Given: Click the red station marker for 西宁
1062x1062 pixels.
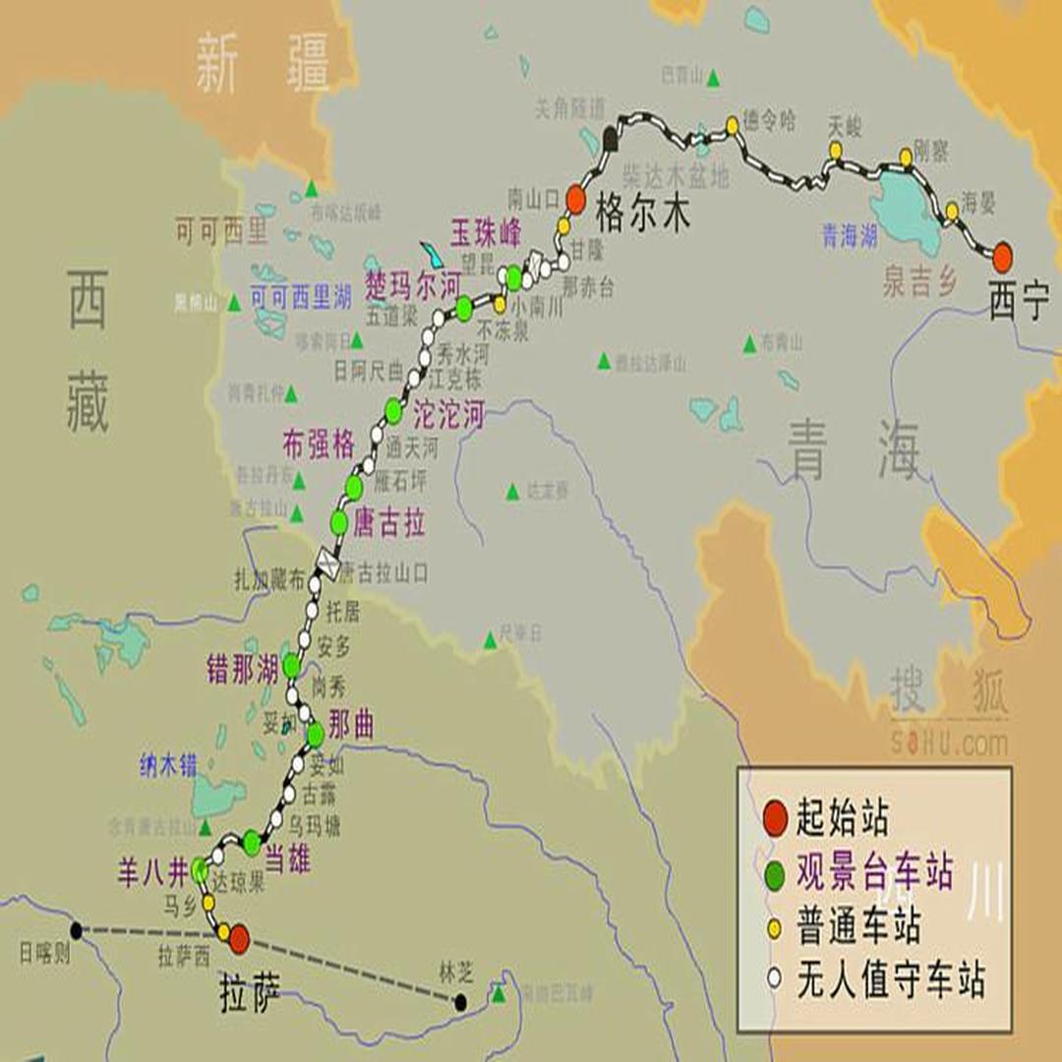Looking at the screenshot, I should click(x=1002, y=258).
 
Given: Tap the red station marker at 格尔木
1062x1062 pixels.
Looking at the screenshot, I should click(x=575, y=201).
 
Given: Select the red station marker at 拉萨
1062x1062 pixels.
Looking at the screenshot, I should click(x=239, y=940).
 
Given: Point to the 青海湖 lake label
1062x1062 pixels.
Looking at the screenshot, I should click(x=850, y=236).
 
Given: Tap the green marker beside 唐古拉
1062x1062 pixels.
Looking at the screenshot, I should click(x=339, y=522).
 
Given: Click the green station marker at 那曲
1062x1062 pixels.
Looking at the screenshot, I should click(x=315, y=734).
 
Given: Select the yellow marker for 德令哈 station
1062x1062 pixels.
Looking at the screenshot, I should click(x=733, y=124).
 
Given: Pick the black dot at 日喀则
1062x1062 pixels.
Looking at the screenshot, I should click(x=76, y=929).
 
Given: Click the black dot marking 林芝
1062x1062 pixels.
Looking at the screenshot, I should click(x=460, y=1002).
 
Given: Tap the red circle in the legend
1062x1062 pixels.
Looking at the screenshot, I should click(x=776, y=816).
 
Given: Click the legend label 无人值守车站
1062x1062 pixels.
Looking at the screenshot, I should click(x=890, y=979).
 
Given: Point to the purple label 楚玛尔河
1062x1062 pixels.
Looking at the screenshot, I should click(x=412, y=285).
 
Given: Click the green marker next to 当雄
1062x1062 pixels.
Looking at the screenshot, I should click(x=252, y=841).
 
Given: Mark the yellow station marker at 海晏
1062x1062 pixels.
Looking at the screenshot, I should click(x=951, y=210).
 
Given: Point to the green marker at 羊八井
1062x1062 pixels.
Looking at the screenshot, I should click(x=200, y=869).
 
